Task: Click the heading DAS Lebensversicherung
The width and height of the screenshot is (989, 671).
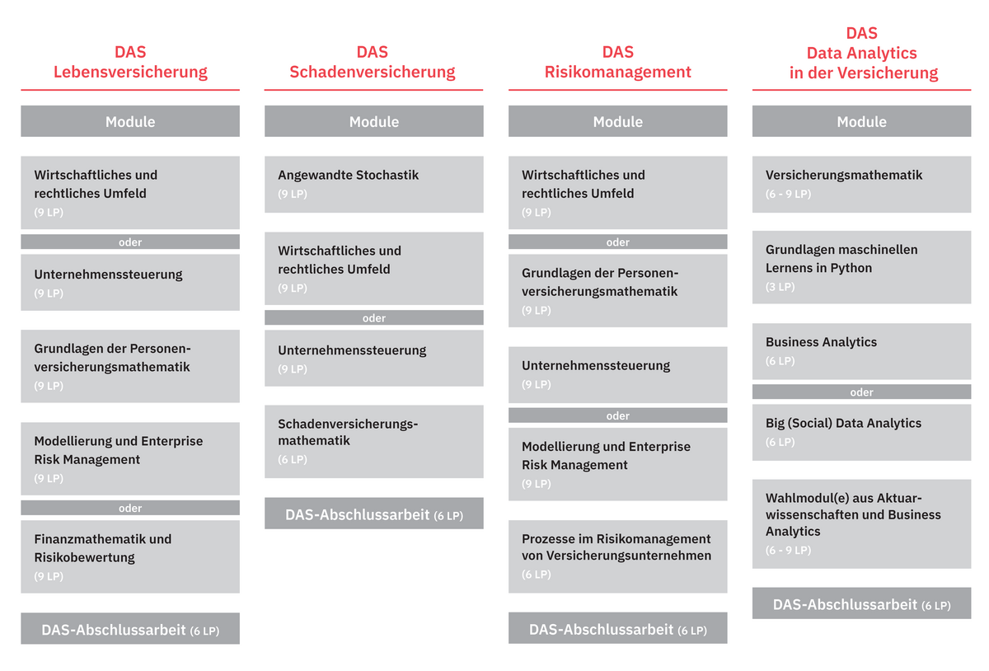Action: (x=130, y=62)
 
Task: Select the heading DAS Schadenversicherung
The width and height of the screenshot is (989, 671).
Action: (x=373, y=62)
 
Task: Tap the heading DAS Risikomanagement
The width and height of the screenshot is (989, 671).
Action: (x=617, y=62)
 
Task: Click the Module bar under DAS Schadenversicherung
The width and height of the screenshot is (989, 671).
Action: (x=374, y=121)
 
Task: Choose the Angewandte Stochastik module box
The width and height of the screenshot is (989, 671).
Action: (x=374, y=184)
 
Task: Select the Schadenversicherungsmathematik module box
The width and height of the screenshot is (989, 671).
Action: (x=374, y=441)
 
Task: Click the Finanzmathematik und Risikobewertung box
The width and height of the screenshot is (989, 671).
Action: (x=130, y=556)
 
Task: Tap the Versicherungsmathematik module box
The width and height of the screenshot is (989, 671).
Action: (x=861, y=184)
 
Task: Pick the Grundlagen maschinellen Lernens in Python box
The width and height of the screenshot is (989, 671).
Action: (x=861, y=267)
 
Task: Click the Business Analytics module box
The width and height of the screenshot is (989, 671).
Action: (x=861, y=351)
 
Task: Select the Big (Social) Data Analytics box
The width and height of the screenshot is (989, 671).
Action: (x=861, y=433)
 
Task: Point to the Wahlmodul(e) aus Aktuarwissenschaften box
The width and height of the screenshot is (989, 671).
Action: (x=861, y=524)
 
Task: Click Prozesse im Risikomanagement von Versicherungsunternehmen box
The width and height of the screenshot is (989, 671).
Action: (x=617, y=556)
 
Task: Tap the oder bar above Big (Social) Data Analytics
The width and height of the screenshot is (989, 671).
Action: (x=861, y=392)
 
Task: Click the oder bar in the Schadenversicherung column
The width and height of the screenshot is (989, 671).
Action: (x=374, y=317)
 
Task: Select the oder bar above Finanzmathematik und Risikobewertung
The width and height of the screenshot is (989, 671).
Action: (x=130, y=508)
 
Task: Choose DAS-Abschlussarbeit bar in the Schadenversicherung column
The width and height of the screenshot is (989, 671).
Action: (x=374, y=514)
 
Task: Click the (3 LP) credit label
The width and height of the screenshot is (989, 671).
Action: (x=780, y=287)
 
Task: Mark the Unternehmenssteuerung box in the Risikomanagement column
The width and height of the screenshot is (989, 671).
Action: (x=617, y=374)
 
